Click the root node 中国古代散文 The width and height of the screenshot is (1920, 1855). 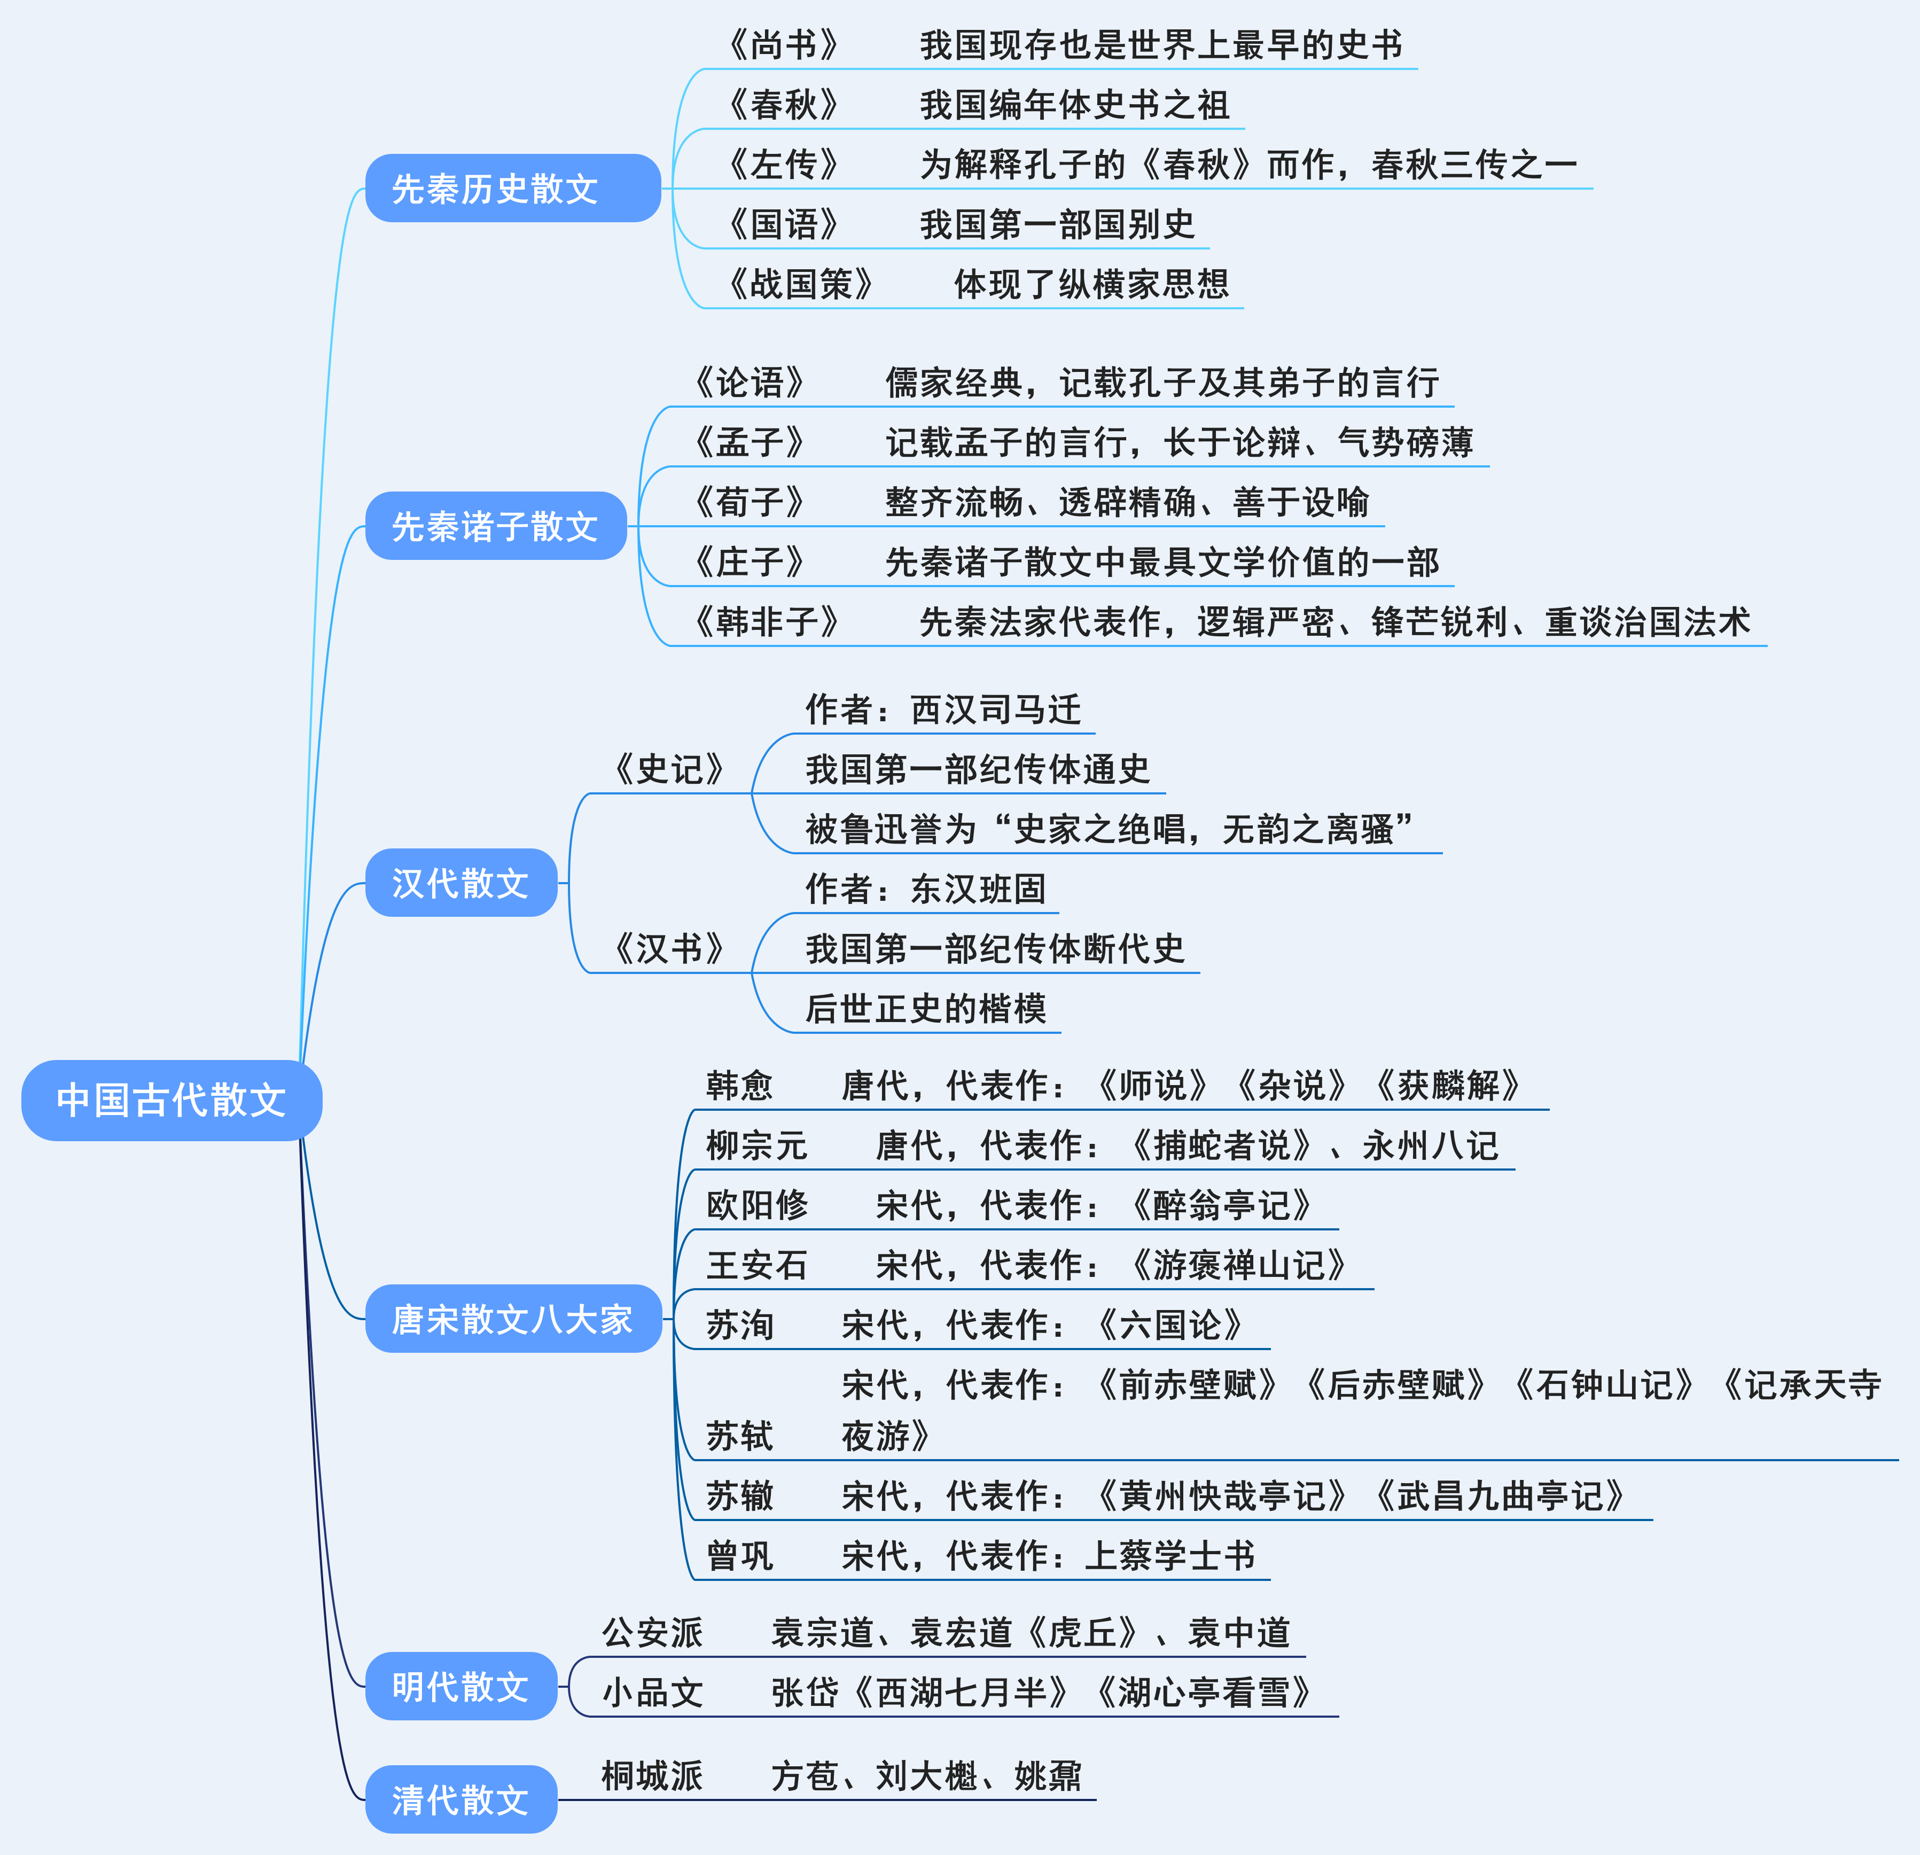click(x=171, y=1100)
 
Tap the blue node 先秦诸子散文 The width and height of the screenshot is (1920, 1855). click(x=496, y=526)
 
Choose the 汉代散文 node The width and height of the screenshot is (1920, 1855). click(x=461, y=883)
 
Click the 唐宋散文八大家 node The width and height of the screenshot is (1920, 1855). click(x=512, y=1319)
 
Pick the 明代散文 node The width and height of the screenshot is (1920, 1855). click(x=461, y=1687)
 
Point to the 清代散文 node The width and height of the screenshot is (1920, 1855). click(x=461, y=1799)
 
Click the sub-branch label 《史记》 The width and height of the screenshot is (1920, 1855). click(x=669, y=769)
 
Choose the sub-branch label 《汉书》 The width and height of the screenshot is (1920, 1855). click(x=669, y=948)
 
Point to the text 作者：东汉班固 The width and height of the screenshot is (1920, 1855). click(x=926, y=889)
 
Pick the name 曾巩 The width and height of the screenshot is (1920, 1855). click(x=739, y=1555)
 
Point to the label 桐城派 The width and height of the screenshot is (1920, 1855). click(x=652, y=1775)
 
